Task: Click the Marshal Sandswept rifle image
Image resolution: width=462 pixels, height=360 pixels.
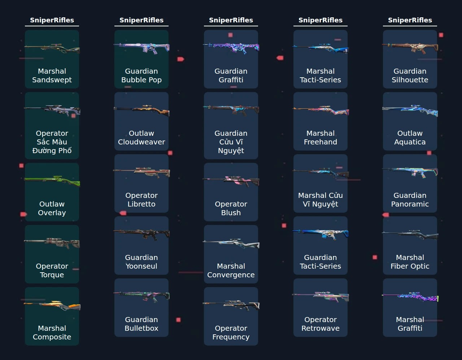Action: click(52, 48)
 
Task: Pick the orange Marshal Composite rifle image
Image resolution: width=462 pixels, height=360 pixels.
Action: click(52, 305)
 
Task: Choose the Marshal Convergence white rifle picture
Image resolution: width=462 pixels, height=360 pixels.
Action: click(231, 243)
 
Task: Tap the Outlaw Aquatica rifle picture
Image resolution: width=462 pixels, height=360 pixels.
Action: click(410, 110)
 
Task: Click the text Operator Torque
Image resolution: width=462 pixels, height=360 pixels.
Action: click(52, 270)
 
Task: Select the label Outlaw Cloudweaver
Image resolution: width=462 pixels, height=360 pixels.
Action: click(141, 137)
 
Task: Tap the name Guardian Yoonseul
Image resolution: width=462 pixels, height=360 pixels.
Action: click(141, 261)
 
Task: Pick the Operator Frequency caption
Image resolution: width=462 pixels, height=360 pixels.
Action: click(231, 332)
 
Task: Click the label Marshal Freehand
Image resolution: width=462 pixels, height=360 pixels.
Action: click(321, 137)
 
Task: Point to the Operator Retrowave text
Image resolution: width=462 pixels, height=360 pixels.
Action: click(321, 324)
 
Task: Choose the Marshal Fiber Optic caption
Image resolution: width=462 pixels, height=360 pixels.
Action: click(410, 261)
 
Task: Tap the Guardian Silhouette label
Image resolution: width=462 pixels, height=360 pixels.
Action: click(410, 75)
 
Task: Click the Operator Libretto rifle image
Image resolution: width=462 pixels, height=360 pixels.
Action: click(141, 173)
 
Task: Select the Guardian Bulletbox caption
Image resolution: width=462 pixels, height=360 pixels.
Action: click(141, 324)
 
